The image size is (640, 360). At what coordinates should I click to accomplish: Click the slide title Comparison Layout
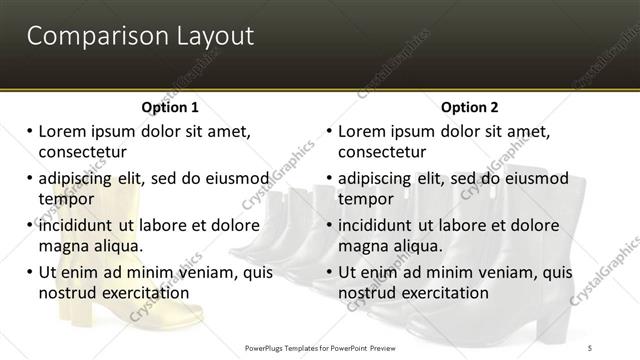click(140, 37)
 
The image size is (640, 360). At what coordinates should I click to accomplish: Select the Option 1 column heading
click(170, 107)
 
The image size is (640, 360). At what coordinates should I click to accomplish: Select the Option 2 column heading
click(470, 107)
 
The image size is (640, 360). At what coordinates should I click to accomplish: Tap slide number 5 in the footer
click(590, 347)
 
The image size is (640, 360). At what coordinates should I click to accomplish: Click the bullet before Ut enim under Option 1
click(29, 271)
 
